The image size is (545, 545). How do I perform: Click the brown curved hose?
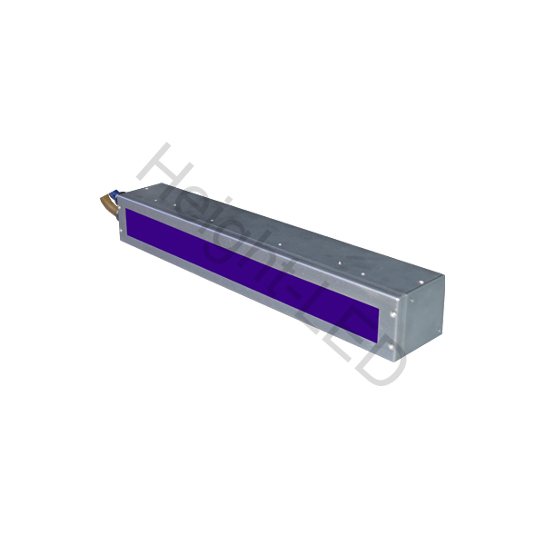click(107, 205)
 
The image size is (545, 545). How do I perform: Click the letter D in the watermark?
click(379, 362)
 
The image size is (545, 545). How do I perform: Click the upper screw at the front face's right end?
click(393, 314)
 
